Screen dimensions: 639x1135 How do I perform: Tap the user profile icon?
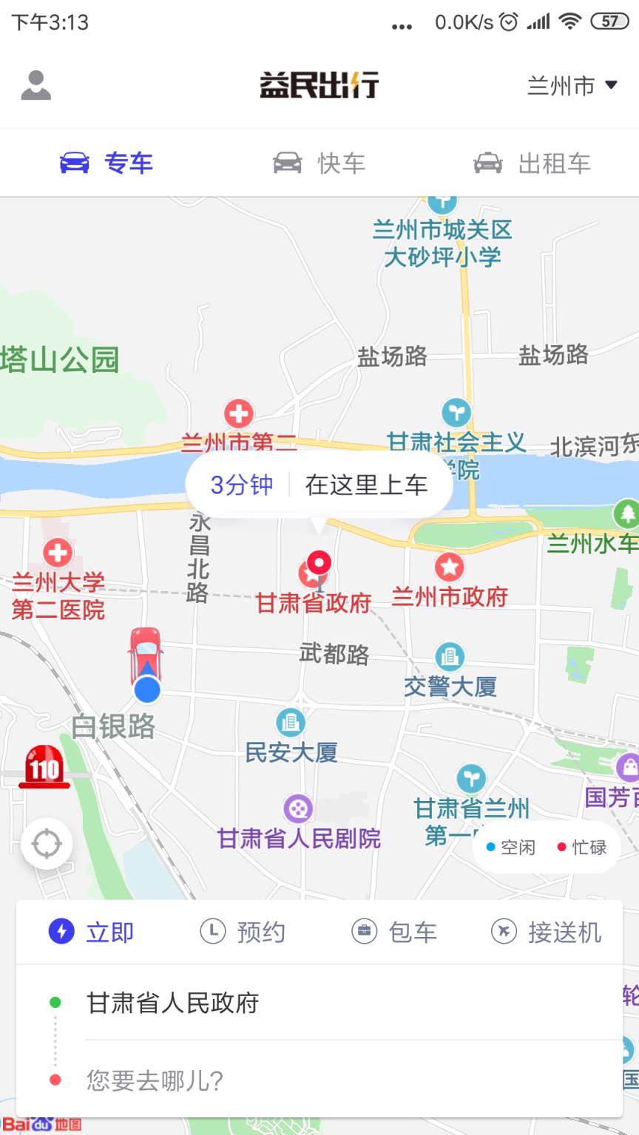click(35, 85)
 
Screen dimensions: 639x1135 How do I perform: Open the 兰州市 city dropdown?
click(572, 86)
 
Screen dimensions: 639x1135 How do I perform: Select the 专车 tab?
click(106, 163)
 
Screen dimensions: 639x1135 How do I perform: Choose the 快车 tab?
click(319, 163)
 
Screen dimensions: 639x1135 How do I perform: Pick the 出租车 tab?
click(532, 163)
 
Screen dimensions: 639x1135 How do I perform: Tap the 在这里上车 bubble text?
click(366, 485)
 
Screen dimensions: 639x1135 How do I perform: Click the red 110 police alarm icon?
click(44, 767)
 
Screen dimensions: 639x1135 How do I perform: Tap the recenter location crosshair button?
click(47, 843)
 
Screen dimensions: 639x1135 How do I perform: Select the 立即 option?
click(92, 932)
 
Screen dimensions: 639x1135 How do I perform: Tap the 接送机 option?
click(547, 932)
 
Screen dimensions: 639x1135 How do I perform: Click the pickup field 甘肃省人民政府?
click(173, 1003)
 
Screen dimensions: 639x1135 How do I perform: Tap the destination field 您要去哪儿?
click(155, 1080)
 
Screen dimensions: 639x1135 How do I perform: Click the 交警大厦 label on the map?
click(450, 686)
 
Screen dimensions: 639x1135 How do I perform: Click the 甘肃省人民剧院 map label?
click(299, 838)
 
